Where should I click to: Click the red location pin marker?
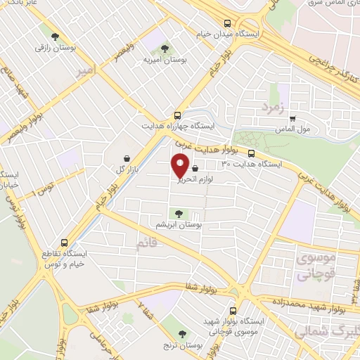(x=179, y=166)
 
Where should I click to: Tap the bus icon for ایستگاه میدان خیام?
(x=225, y=23)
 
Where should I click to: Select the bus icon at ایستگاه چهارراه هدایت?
(x=176, y=115)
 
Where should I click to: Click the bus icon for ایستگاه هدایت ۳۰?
(x=252, y=153)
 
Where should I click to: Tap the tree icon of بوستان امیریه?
(x=164, y=49)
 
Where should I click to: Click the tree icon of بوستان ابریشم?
(x=176, y=212)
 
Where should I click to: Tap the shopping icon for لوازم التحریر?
(x=194, y=168)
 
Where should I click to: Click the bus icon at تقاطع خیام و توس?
(x=64, y=240)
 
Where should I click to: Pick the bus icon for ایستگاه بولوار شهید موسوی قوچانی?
(x=234, y=310)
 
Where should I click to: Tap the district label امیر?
(x=86, y=72)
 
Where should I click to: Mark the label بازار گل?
(x=125, y=170)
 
